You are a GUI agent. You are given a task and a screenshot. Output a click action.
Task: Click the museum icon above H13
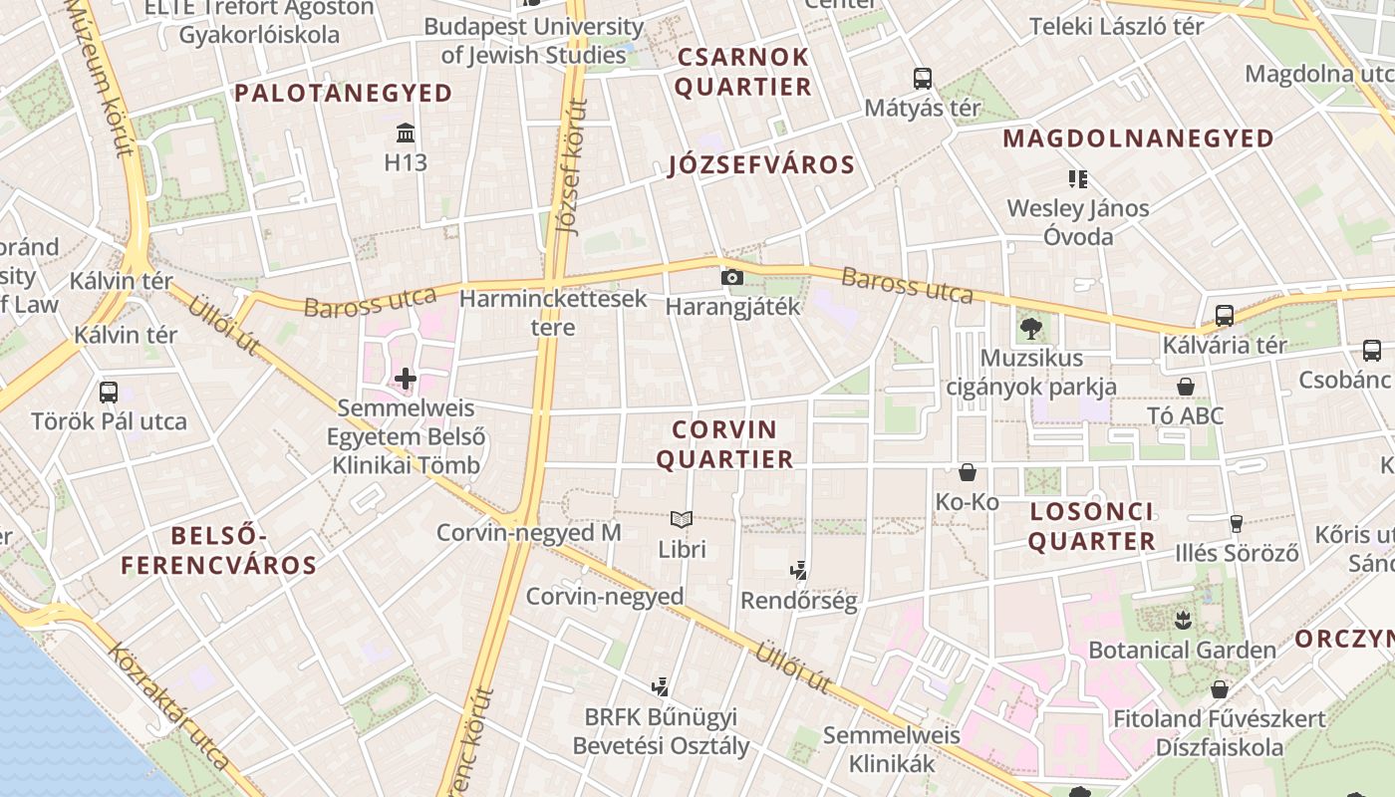click(406, 133)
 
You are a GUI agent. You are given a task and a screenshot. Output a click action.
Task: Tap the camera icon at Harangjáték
click(732, 277)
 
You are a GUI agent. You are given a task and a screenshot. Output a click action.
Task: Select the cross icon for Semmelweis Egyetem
click(406, 379)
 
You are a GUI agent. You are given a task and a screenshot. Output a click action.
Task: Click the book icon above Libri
click(682, 519)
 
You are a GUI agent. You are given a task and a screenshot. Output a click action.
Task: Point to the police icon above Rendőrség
click(797, 571)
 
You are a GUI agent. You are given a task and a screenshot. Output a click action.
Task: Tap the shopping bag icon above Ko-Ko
click(967, 472)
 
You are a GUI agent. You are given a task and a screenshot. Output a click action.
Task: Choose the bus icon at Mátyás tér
click(923, 78)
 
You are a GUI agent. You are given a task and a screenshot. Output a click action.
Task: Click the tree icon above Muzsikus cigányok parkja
click(1030, 327)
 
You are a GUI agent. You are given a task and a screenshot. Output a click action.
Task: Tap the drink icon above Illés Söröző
click(1237, 523)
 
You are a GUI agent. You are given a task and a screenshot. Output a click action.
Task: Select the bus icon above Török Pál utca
click(109, 392)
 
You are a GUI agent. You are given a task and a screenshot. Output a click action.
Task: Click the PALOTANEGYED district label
click(344, 94)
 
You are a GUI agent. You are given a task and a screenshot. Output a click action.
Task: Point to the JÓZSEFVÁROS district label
click(762, 165)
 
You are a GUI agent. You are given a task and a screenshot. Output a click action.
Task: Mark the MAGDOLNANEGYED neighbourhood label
click(1139, 138)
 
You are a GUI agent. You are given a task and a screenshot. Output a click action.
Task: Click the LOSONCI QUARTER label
click(1091, 527)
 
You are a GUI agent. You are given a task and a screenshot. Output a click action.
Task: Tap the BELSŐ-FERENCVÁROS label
click(219, 551)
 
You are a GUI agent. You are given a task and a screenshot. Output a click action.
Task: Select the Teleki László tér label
click(1116, 26)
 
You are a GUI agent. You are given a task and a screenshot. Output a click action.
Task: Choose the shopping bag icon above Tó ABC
click(1186, 387)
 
